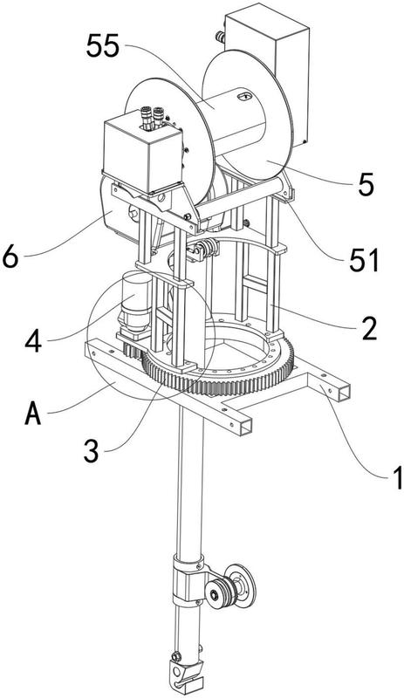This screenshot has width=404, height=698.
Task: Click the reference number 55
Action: click(x=103, y=46)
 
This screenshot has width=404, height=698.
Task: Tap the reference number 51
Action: click(x=364, y=260)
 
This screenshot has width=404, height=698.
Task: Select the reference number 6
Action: click(x=10, y=257)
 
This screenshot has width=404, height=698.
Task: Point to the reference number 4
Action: click(x=34, y=343)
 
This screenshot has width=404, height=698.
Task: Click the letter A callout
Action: click(x=33, y=414)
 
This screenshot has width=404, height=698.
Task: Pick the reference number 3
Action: click(x=91, y=451)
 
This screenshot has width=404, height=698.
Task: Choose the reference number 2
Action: click(x=369, y=330)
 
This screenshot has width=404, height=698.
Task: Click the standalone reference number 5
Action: click(x=366, y=185)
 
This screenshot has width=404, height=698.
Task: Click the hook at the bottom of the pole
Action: click(x=184, y=675)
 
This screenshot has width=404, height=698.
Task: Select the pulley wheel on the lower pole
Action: click(x=230, y=585)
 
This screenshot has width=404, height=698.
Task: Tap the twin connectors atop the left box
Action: click(x=152, y=117)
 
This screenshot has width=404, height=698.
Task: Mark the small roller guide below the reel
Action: click(x=202, y=250)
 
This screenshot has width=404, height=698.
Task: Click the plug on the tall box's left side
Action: click(x=219, y=37)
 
